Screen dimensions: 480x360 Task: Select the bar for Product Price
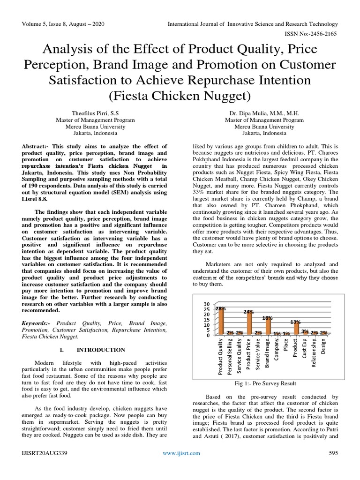pyautogui.click(x=249, y=323)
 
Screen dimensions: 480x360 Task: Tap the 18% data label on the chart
pyautogui.click(x=267, y=318)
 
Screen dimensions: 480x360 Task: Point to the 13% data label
pyautogui.click(x=295, y=322)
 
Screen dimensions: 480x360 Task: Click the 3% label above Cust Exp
pyautogui.click(x=305, y=331)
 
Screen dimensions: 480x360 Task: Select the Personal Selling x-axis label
pyautogui.click(x=230, y=357)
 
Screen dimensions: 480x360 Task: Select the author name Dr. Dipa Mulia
pyautogui.click(x=264, y=113)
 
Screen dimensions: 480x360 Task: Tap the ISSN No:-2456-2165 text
pyautogui.click(x=312, y=34)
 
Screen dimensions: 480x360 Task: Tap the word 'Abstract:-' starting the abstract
pyautogui.click(x=37, y=147)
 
